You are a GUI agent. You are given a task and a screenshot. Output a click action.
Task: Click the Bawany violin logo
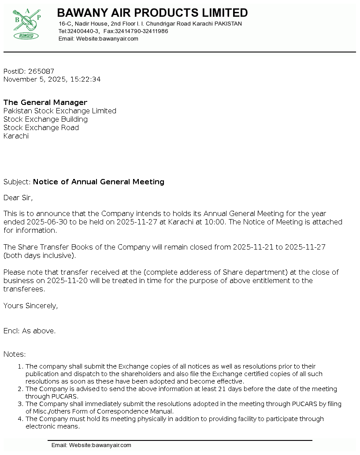point(27,24)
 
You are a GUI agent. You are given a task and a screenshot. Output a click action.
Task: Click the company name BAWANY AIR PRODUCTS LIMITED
point(152,13)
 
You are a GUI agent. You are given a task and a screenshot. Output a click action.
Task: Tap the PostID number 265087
point(41,71)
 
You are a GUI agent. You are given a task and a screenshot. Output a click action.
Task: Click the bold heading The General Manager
point(45,103)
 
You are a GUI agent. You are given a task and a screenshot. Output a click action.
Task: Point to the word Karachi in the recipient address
point(16,136)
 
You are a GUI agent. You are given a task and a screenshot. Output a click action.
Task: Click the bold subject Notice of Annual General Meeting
point(99,182)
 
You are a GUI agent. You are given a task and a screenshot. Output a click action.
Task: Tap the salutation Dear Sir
point(18,198)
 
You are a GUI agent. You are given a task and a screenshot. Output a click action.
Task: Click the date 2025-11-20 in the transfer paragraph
point(65,280)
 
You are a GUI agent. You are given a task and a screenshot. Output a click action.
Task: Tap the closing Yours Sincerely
point(30,306)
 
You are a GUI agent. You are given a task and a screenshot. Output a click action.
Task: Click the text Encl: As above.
point(30,331)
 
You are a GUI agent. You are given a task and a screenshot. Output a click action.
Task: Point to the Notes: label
point(15,354)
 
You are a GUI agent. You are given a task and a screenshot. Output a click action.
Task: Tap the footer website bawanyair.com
point(111,445)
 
